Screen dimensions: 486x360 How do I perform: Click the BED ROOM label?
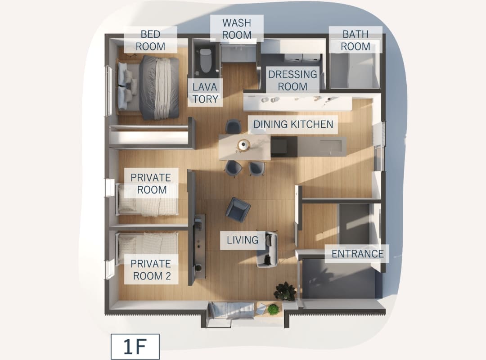tap(151, 40)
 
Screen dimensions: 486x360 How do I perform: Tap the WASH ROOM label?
tap(237, 28)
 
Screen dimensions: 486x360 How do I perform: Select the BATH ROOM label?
tap(355, 40)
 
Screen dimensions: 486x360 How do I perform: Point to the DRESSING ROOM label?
tap(292, 80)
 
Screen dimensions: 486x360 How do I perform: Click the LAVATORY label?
tap(205, 93)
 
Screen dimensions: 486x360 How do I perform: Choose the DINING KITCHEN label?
tap(293, 124)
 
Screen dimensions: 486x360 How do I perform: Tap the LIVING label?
tap(243, 240)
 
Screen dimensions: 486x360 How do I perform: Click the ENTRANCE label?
tap(357, 254)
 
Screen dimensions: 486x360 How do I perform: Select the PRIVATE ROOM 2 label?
tap(151, 270)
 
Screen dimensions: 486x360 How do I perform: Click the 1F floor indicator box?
tap(135, 346)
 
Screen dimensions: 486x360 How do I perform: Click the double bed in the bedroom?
tap(148, 87)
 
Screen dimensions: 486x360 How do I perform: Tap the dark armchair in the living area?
tap(238, 210)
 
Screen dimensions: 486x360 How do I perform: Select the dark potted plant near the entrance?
tap(284, 291)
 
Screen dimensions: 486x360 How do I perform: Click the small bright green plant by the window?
tap(273, 309)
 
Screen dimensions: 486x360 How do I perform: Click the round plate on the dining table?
tap(244, 144)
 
